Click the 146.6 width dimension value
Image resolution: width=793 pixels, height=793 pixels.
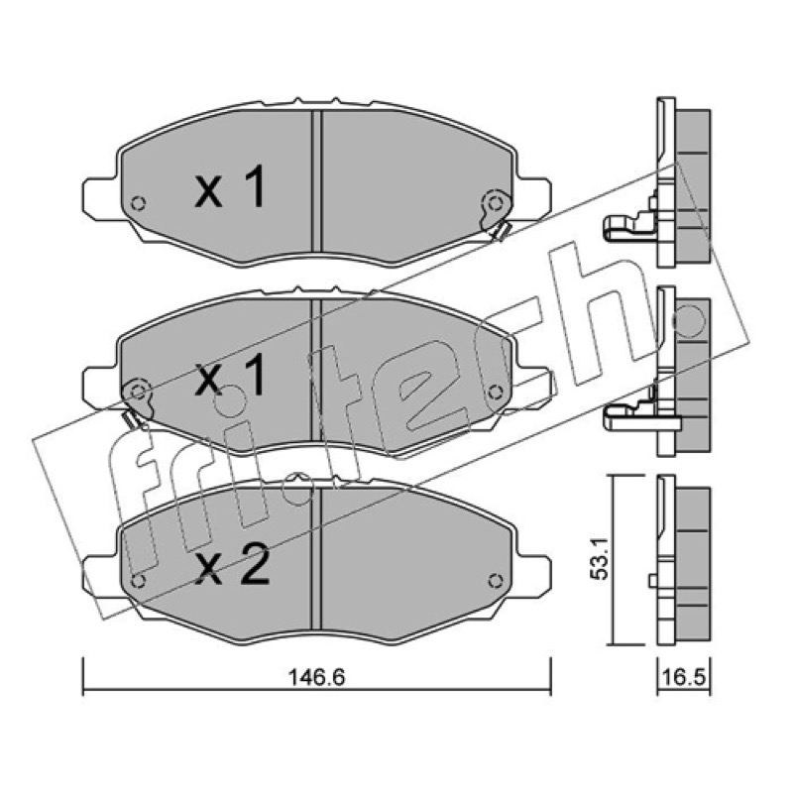pyautogui.click(x=316, y=677)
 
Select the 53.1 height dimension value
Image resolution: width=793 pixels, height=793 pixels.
pyautogui.click(x=603, y=560)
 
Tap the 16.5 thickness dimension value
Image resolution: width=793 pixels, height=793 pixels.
pyautogui.click(x=684, y=677)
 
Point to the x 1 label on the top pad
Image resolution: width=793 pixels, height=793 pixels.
pyautogui.click(x=230, y=187)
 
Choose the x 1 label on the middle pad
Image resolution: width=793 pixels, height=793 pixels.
pyautogui.click(x=230, y=375)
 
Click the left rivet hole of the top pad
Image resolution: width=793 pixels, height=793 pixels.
pyautogui.click(x=138, y=203)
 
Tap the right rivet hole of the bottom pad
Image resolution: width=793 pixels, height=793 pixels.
pyautogui.click(x=495, y=581)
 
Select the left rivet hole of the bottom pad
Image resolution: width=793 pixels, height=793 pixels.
pyautogui.click(x=138, y=581)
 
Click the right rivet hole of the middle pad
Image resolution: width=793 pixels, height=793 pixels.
pyautogui.click(x=495, y=392)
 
